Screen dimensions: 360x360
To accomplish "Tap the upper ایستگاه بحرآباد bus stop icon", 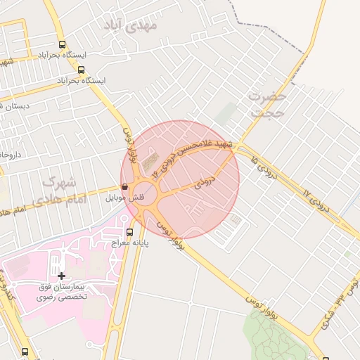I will coord(63,44).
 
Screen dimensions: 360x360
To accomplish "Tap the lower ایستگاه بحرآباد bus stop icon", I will coord(82,70).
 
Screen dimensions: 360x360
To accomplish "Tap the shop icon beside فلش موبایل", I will coord(124,188).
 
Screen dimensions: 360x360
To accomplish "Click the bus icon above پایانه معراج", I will coord(129,231).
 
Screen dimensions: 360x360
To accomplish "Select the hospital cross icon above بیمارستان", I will coord(62,276).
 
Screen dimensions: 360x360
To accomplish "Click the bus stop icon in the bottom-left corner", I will coord(25,351).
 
